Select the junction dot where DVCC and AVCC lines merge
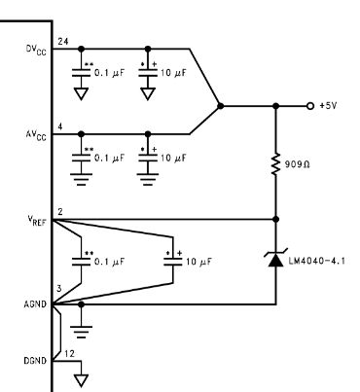click(222, 105)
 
